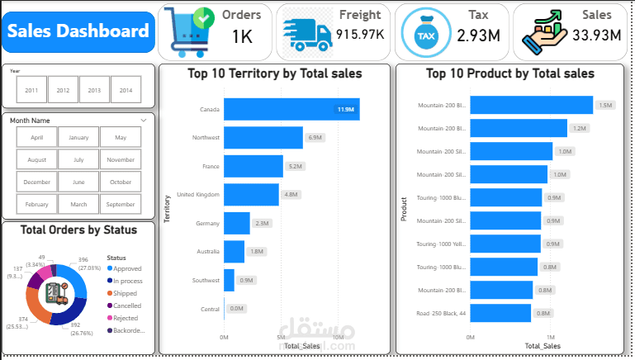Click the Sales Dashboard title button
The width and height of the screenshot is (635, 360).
click(78, 32)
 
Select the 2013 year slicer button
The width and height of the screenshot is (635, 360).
click(95, 90)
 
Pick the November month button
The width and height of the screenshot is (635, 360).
click(121, 159)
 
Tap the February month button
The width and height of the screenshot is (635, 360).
click(36, 204)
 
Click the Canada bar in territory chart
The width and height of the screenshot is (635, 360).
click(291, 109)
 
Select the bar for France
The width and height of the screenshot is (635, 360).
click(253, 166)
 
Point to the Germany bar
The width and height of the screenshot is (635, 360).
click(236, 223)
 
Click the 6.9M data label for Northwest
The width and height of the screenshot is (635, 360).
click(315, 137)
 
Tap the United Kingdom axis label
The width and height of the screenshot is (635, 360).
click(198, 195)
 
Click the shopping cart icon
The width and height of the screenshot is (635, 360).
click(187, 32)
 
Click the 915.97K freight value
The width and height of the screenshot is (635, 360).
click(360, 35)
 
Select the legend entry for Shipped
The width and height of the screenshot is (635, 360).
click(126, 293)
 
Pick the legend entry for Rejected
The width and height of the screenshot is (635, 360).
click(126, 318)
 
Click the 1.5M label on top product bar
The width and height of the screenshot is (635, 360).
click(605, 106)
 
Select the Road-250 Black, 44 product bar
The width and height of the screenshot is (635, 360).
click(500, 313)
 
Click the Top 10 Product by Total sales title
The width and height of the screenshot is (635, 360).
click(509, 73)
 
